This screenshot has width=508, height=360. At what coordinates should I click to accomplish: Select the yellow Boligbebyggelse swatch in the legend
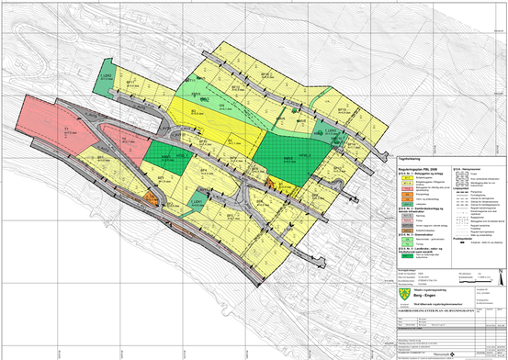click(403, 177)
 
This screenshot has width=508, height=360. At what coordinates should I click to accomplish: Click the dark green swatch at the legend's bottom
click(403, 251)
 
